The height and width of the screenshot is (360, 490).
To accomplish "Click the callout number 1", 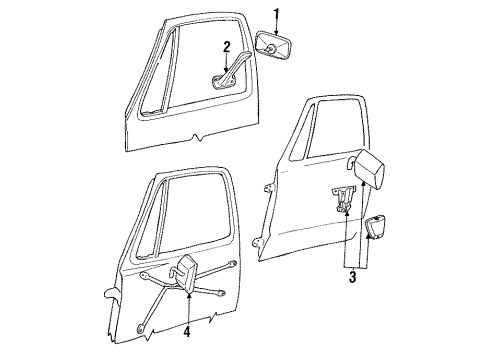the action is [276, 13].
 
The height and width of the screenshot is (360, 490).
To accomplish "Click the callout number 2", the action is [227, 47].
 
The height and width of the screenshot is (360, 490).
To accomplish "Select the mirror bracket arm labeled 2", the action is [233, 71].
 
